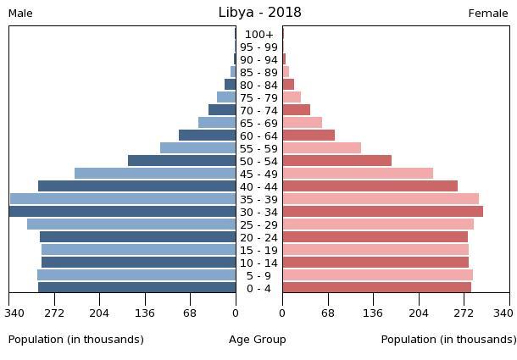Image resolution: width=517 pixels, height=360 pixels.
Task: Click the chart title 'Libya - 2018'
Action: pyautogui.click(x=258, y=13)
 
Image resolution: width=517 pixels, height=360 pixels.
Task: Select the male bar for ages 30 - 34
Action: pyautogui.click(x=123, y=212)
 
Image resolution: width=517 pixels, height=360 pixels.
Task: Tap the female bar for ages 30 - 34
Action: pyautogui.click(x=382, y=212)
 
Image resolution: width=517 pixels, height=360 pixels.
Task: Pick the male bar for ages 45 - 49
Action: pyautogui.click(x=155, y=174)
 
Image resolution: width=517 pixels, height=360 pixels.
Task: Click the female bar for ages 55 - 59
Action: pyautogui.click(x=321, y=148)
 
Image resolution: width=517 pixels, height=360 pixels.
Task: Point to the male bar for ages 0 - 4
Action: pyautogui.click(x=136, y=288)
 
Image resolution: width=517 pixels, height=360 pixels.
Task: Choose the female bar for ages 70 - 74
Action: pyautogui.click(x=296, y=110)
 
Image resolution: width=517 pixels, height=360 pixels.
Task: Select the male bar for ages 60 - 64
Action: pyautogui.click(x=207, y=136)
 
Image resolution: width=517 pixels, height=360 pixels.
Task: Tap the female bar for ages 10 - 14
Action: pyautogui.click(x=375, y=263)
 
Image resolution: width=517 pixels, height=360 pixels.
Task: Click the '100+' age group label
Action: pyautogui.click(x=258, y=35)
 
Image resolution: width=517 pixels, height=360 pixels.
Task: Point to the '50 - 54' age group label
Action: pyautogui.click(x=258, y=162)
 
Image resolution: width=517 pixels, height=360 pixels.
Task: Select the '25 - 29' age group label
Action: pyautogui.click(x=258, y=225)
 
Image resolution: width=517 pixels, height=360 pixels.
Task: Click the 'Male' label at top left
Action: pyautogui.click(x=20, y=14)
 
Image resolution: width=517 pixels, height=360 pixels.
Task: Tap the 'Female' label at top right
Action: pyautogui.click(x=488, y=14)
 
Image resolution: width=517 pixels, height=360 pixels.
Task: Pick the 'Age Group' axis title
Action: pyautogui.click(x=258, y=340)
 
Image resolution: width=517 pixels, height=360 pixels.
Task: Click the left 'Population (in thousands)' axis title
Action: pyautogui.click(x=76, y=340)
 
